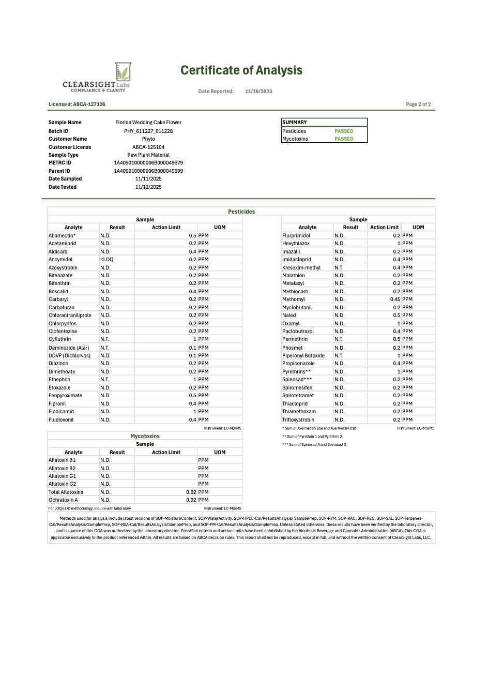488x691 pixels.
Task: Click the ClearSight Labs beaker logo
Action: [x=123, y=72]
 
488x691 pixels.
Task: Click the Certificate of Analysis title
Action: [x=241, y=70]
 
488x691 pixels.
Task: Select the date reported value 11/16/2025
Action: [x=258, y=92]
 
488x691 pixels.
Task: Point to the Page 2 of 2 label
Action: [x=418, y=104]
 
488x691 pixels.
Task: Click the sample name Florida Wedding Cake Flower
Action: [x=148, y=123]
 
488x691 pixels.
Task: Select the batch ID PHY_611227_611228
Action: [x=148, y=131]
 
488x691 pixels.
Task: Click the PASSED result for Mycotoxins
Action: [x=344, y=139]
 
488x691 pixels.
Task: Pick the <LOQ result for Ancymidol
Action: [x=107, y=260]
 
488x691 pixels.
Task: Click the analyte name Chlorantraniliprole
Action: [x=70, y=316]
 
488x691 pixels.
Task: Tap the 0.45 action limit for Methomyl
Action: [x=395, y=299]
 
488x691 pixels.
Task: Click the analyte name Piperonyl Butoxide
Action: [x=303, y=356]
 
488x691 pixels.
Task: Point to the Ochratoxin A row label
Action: [x=63, y=500]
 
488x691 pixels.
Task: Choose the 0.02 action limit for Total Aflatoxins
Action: [x=191, y=492]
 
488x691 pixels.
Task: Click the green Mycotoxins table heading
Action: [x=145, y=437]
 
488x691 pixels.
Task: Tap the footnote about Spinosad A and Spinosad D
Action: [x=314, y=445]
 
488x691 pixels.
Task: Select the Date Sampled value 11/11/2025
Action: [x=148, y=179]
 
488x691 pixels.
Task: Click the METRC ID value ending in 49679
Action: [x=148, y=163]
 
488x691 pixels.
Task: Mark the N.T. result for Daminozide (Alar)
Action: [x=105, y=348]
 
